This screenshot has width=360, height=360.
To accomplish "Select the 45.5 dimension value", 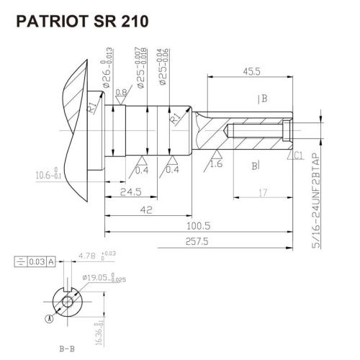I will coord(251,72).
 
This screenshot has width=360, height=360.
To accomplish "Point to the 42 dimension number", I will coord(146,210).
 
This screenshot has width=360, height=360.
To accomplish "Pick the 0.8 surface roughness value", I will coord(122,92).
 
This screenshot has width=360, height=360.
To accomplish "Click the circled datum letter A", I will coord(49,316).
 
